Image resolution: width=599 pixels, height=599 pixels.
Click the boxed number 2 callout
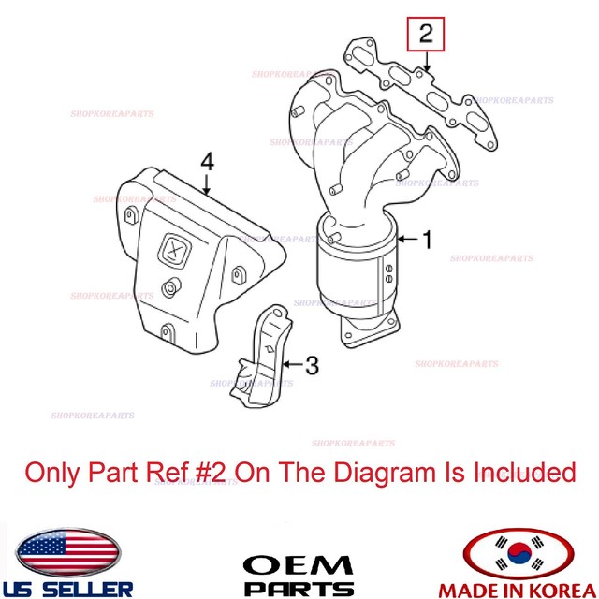pyautogui.click(x=426, y=37)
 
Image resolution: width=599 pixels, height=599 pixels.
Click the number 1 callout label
pyautogui.click(x=426, y=241)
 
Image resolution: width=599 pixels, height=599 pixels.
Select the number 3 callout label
pyautogui.click(x=314, y=361)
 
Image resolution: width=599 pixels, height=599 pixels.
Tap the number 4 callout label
pyautogui.click(x=207, y=163)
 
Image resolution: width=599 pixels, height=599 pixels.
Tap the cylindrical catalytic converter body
pyautogui.click(x=360, y=276)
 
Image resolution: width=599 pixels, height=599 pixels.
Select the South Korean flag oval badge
pyautogui.click(x=519, y=555)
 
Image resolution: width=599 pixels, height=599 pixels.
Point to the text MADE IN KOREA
pyautogui.click(x=520, y=589)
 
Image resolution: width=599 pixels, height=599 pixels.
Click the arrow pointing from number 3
pyautogui.click(x=292, y=361)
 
